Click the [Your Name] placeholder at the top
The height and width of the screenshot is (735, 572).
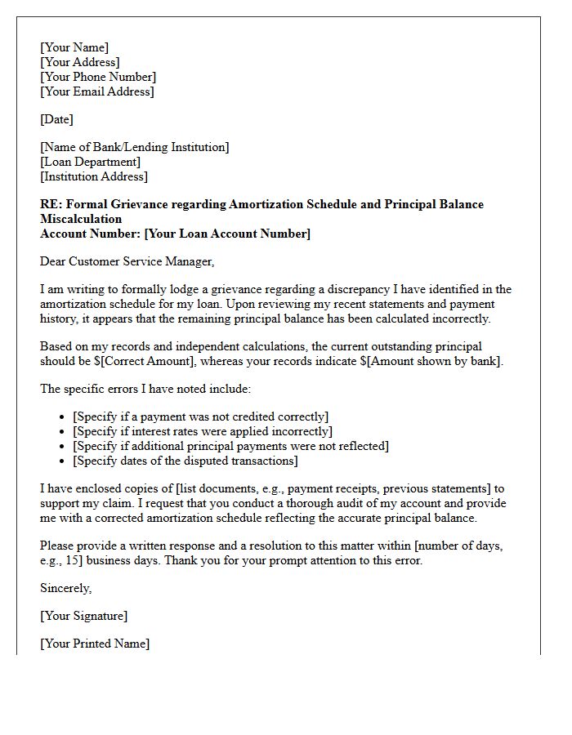[74, 47]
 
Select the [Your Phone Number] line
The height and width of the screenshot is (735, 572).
[98, 77]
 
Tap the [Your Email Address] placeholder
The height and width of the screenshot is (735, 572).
[96, 91]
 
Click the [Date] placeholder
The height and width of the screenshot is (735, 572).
[56, 119]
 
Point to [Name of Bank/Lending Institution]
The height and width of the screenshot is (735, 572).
[135, 147]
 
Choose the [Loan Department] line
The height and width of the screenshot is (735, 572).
[90, 162]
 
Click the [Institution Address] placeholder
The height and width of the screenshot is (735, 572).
[94, 176]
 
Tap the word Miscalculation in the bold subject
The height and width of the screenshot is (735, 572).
[81, 219]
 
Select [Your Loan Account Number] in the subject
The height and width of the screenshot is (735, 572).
[227, 234]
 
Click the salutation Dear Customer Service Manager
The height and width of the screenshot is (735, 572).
[127, 261]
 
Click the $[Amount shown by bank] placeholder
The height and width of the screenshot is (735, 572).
[437, 361]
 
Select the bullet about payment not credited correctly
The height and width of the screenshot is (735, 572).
[200, 416]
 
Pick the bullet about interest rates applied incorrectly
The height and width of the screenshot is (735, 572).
[203, 431]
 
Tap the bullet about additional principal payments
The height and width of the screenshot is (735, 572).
[230, 446]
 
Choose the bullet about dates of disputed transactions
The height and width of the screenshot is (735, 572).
[185, 461]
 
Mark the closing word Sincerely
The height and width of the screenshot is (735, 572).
[66, 588]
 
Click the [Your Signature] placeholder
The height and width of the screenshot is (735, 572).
[83, 616]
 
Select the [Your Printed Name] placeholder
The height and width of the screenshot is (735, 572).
[95, 644]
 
